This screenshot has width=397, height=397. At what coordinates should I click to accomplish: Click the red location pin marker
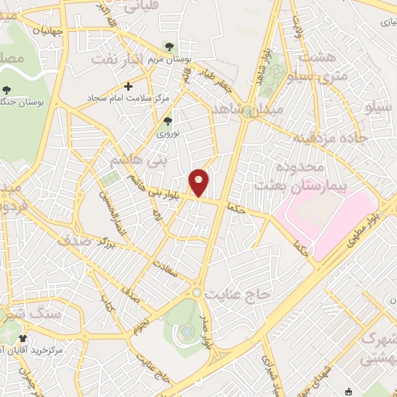pos(199,182)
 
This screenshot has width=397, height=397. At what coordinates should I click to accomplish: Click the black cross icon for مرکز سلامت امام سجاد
pos(129,85)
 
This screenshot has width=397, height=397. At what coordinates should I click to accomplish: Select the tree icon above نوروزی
pos(167,120)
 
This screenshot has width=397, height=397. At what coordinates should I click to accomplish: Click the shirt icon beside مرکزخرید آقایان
pos(23,339)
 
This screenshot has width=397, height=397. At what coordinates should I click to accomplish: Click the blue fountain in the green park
pos(188,332)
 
